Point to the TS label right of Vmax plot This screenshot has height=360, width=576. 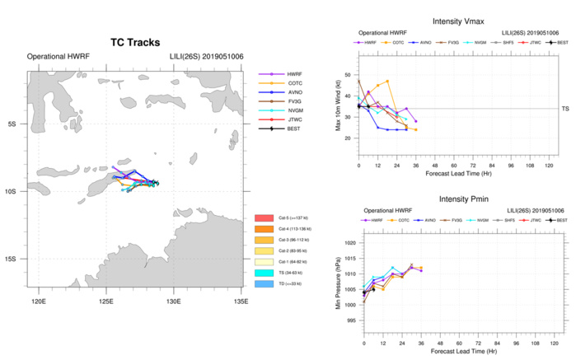pyautogui.click(x=564, y=109)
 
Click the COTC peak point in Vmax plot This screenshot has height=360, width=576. pyautogui.click(x=387, y=81)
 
